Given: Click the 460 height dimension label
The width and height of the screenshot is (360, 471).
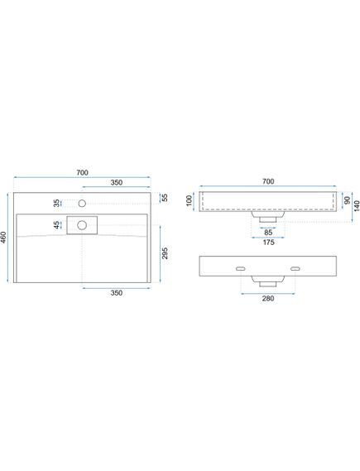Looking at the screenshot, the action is [x=3, y=238].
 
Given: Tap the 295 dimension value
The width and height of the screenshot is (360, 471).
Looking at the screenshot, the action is [x=165, y=253].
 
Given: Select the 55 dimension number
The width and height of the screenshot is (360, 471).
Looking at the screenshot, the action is [x=165, y=198].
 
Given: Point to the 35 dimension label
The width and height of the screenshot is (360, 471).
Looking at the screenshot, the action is [x=57, y=203].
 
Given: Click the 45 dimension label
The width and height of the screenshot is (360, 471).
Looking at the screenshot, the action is [x=57, y=225].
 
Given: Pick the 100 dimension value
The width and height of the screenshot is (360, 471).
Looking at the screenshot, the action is [x=189, y=200].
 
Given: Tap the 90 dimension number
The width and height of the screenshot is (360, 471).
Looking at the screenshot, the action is [x=348, y=200].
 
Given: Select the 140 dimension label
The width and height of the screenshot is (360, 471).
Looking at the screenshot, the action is [x=357, y=206].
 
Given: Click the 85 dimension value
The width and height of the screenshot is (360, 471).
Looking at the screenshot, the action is [x=268, y=233].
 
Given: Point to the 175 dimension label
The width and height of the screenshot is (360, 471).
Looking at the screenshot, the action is [x=268, y=242].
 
